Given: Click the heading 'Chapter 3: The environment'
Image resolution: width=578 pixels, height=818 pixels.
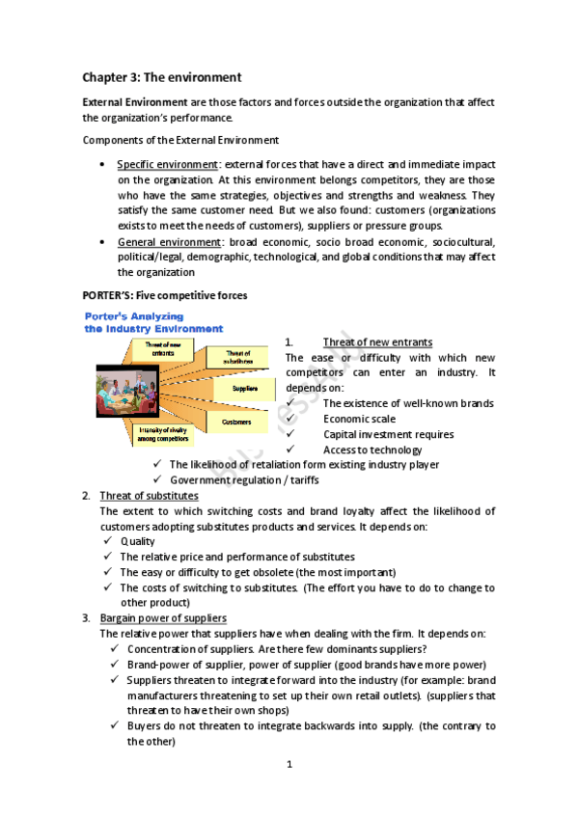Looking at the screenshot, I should [x=161, y=76].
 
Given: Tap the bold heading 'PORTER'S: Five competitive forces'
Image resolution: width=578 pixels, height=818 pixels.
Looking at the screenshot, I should [x=164, y=294].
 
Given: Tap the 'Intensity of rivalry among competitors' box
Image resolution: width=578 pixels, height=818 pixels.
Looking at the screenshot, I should [x=163, y=434].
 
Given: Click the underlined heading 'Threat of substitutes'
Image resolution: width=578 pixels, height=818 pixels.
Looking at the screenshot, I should [x=149, y=496].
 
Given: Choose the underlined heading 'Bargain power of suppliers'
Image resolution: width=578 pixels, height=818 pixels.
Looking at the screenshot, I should [x=163, y=617].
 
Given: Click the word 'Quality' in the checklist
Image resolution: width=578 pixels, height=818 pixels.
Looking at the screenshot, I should [x=137, y=541].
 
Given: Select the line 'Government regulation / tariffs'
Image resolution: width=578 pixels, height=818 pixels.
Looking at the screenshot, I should [x=244, y=479].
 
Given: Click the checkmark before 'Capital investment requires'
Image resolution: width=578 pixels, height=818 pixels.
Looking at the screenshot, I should [x=291, y=434].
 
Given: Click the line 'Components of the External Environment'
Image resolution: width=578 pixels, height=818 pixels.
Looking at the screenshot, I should [x=180, y=140].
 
